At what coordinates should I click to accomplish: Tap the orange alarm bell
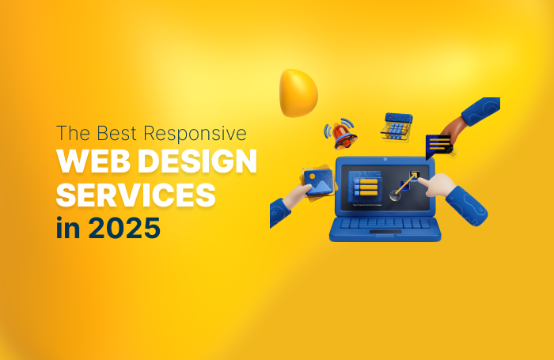(x=343, y=135)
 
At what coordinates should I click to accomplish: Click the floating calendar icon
(x=397, y=126)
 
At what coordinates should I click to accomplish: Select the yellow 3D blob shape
(x=298, y=91)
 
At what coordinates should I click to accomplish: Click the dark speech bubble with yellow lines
(x=438, y=145)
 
